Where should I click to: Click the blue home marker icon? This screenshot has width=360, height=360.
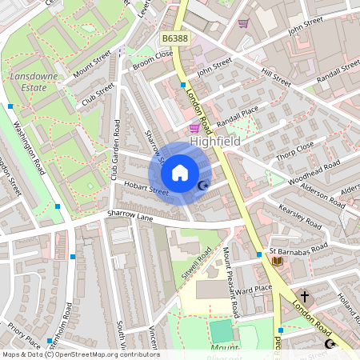pyautogui.click(x=180, y=173)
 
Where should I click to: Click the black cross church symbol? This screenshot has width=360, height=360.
pyautogui.click(x=305, y=296)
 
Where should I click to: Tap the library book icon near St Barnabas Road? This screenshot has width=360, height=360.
pyautogui.click(x=278, y=262)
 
